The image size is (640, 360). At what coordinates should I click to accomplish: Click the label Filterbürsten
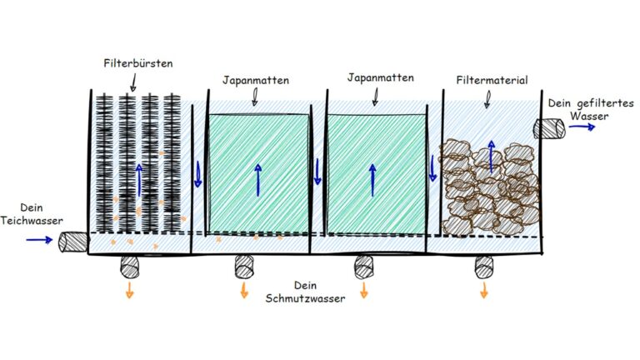[138, 63]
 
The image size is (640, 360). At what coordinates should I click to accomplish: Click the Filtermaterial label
[492, 80]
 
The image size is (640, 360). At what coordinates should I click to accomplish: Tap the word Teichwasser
[32, 221]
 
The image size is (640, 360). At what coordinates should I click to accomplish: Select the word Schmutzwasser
[305, 298]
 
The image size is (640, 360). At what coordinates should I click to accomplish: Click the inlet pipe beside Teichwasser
[73, 242]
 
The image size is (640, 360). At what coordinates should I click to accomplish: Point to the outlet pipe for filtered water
[549, 128]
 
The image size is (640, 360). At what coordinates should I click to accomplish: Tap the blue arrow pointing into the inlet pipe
[39, 240]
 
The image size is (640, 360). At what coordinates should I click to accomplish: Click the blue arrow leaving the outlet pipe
[582, 127]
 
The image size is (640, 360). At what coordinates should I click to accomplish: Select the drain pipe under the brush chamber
[130, 267]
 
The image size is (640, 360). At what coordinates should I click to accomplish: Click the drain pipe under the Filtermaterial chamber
[484, 267]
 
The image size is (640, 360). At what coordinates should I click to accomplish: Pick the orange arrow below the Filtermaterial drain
[484, 290]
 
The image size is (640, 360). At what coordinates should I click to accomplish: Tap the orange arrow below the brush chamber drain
[130, 290]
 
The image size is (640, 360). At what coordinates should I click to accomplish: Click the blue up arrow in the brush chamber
[140, 180]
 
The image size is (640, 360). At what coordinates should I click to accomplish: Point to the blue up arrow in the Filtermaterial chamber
[492, 157]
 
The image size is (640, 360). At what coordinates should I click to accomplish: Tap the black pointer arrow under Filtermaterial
[487, 99]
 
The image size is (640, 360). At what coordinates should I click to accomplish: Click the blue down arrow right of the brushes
[198, 174]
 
